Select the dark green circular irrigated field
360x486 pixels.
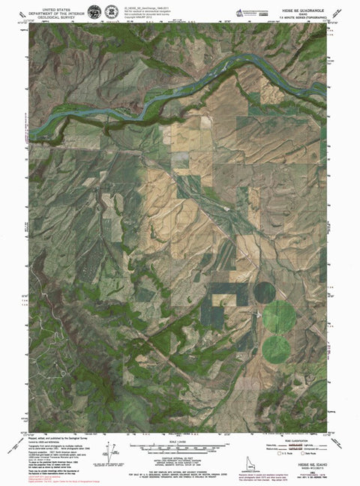265,291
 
